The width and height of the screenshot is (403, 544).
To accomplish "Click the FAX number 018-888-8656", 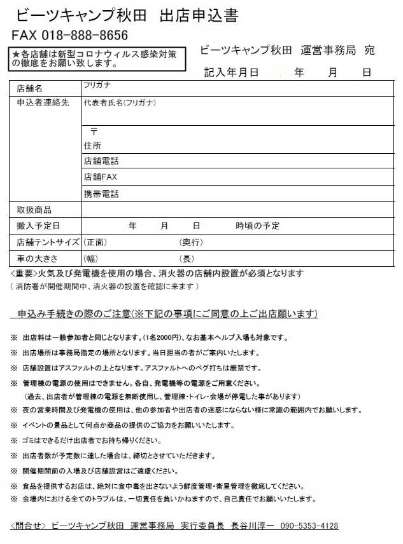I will pyautogui.click(x=86, y=35).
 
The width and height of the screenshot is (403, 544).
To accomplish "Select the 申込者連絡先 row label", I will pyautogui.click(x=43, y=102).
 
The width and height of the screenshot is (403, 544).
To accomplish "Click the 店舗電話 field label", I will pyautogui.click(x=101, y=161).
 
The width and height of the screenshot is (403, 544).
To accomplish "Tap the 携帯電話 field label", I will pyautogui.click(x=101, y=194).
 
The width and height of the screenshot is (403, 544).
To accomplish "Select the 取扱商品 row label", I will pyautogui.click(x=34, y=210).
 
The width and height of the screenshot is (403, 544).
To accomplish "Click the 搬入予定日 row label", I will pyautogui.click(x=38, y=226).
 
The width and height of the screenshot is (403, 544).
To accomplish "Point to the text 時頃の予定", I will pyautogui.click(x=257, y=226).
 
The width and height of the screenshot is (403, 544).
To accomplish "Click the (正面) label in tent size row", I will pyautogui.click(x=95, y=242).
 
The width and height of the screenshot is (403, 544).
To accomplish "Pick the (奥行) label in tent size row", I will pyautogui.click(x=191, y=242).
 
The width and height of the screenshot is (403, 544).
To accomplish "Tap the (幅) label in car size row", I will pyautogui.click(x=91, y=258).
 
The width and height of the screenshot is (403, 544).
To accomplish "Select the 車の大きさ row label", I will pyautogui.click(x=37, y=258).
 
